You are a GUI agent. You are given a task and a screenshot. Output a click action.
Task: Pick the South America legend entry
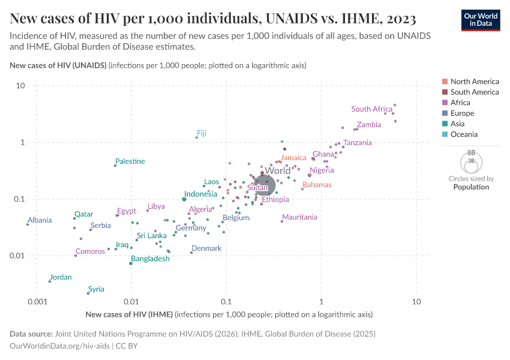tap(474, 92)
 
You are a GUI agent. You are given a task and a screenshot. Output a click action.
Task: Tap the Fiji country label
tap(202, 133)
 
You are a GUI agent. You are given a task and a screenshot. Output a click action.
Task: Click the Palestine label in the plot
tap(130, 161)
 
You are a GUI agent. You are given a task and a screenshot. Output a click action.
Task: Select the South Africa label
tap(371, 109)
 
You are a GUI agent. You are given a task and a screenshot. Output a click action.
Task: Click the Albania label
tap(40, 220)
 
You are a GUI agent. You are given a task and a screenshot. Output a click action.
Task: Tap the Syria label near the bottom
tap(96, 289)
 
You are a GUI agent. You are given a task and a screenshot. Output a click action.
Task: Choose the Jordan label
tap(61, 277)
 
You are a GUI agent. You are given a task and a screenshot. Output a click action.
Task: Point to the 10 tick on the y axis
tap(20, 86)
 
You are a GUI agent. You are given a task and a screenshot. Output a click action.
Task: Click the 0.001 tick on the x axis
tap(38, 301)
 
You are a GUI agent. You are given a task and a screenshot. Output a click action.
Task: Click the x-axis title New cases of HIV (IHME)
tap(129, 314)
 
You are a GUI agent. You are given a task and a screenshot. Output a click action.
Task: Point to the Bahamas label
tap(317, 185)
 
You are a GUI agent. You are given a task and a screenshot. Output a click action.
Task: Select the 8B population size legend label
tap(472, 153)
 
